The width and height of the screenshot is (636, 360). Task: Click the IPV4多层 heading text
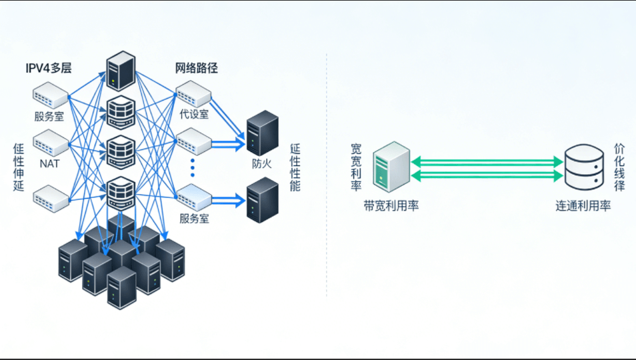pyautogui.click(x=48, y=68)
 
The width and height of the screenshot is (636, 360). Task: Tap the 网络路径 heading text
pyautogui.click(x=197, y=68)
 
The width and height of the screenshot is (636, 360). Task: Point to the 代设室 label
pyautogui.click(x=194, y=114)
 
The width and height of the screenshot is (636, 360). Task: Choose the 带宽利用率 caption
pyautogui.click(x=391, y=206)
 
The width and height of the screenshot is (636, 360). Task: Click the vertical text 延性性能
pyautogui.click(x=295, y=167)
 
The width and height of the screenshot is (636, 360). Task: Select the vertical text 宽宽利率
pyautogui.click(x=356, y=166)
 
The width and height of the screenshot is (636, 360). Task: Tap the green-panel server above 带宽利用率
pyautogui.click(x=391, y=167)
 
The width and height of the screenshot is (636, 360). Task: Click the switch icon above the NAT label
pyautogui.click(x=51, y=142)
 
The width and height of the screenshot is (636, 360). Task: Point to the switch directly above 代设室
pyautogui.click(x=194, y=93)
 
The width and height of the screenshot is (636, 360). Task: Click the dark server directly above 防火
pyautogui.click(x=262, y=133)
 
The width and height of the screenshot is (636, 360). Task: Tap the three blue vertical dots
pyautogui.click(x=193, y=167)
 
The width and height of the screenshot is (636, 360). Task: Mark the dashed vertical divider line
pyautogui.click(x=327, y=173)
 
